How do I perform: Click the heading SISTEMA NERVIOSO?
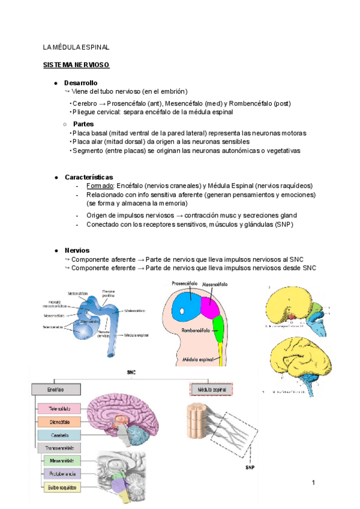click(x=76, y=64)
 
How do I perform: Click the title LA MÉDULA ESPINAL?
click(x=76, y=46)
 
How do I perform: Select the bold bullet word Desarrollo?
click(x=80, y=83)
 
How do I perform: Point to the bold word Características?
click(x=88, y=177)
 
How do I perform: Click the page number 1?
click(x=314, y=482)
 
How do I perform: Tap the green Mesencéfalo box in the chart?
click(x=61, y=461)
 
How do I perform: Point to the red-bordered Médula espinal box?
click(x=209, y=390)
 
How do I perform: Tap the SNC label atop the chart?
click(x=132, y=372)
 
